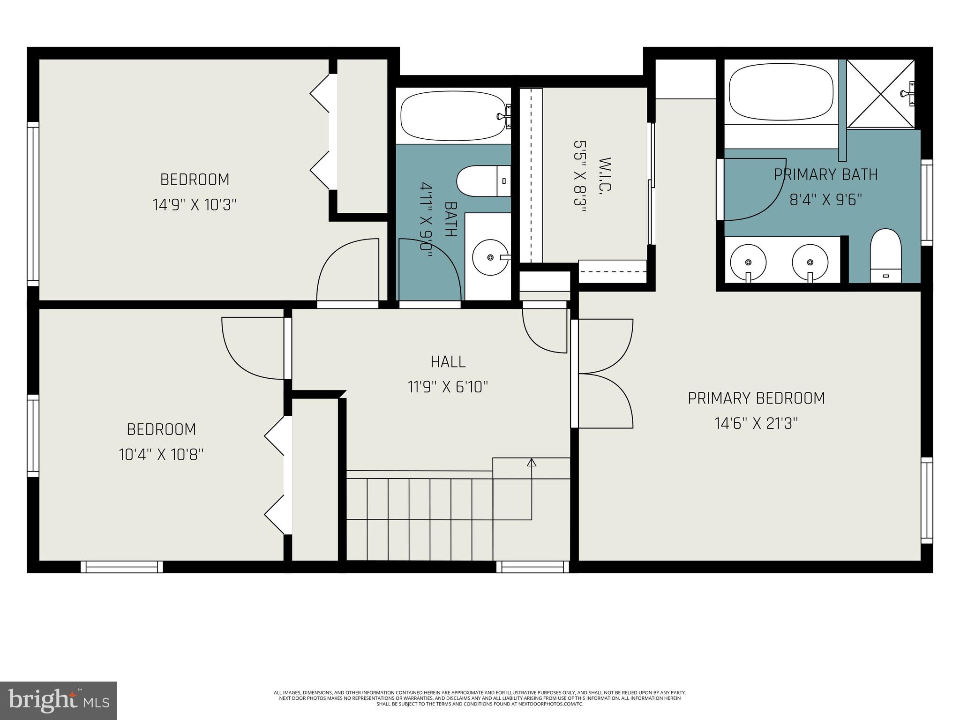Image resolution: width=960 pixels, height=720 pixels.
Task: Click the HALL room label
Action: pos(448,362)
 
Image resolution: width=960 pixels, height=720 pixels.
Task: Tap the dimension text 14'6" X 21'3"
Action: pos(756,424)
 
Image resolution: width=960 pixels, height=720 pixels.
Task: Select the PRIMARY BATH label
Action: pos(825,175)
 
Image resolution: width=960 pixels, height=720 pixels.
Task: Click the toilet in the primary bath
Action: pos(885,256)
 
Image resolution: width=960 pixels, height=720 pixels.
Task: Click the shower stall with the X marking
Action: pos(880,94)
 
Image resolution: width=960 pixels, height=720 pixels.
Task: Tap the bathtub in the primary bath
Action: pos(781,92)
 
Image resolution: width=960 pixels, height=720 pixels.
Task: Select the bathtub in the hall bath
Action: pos(453,116)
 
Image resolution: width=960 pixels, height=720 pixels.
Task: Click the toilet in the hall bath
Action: pos(483,181)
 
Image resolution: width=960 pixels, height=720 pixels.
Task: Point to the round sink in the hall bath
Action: pos(490,257)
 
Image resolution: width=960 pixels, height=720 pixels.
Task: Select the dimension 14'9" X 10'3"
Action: pos(195,205)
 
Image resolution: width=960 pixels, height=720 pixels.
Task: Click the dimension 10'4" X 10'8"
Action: pos(161,455)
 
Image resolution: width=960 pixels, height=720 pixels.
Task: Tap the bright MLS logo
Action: pos(59,700)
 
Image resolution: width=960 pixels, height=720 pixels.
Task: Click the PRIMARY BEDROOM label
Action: pos(756,398)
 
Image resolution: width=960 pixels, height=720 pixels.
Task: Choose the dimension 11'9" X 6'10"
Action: pos(448,387)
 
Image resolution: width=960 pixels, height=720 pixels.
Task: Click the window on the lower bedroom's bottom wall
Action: pos(122,567)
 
